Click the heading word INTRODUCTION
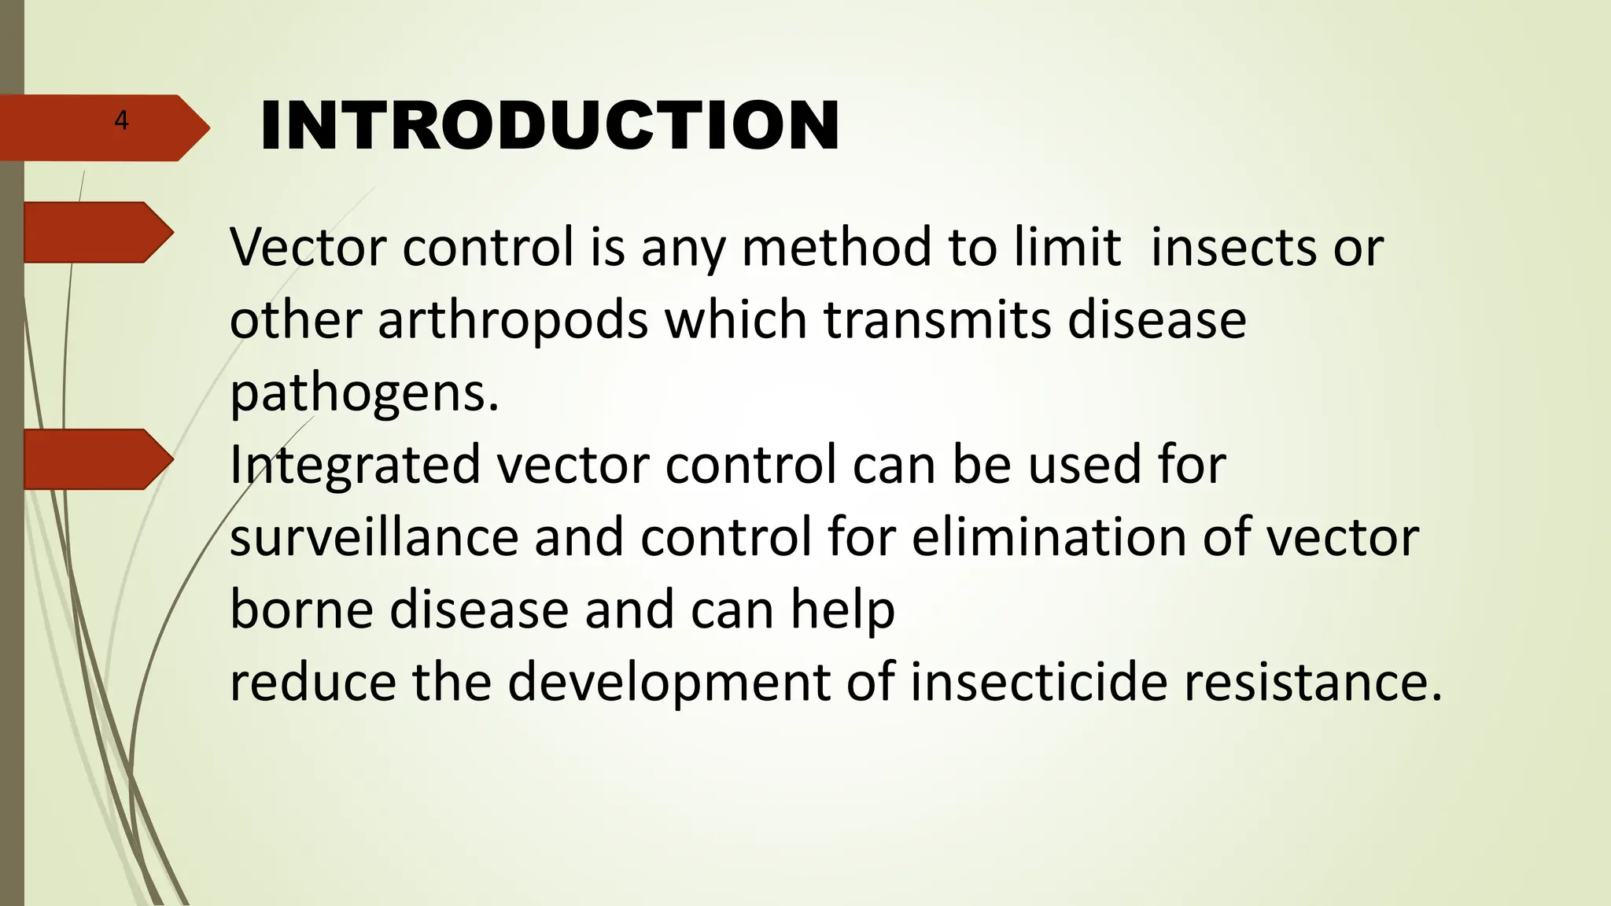click(x=549, y=126)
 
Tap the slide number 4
click(x=121, y=120)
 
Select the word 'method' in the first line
click(x=836, y=247)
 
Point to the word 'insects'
click(x=1233, y=247)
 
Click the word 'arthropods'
click(x=514, y=321)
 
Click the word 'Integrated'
click(x=355, y=465)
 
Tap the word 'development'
click(x=669, y=683)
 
